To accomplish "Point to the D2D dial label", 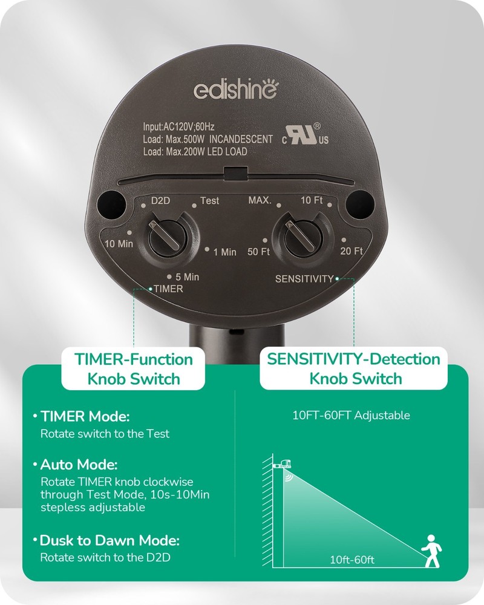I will pyautogui.click(x=160, y=200).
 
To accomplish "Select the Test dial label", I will pyautogui.click(x=209, y=200).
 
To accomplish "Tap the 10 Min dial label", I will pyautogui.click(x=119, y=244).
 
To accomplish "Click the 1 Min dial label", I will pyautogui.click(x=225, y=252).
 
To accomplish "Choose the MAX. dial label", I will pyautogui.click(x=260, y=200).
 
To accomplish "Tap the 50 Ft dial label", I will pyautogui.click(x=258, y=252).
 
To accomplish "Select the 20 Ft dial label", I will pyautogui.click(x=351, y=251).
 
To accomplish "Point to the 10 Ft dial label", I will pyautogui.click(x=312, y=200).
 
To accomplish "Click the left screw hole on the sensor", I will pyautogui.click(x=110, y=201).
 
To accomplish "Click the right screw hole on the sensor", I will pyautogui.click(x=359, y=201).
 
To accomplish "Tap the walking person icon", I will pyautogui.click(x=431, y=551).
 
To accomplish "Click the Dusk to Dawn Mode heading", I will pyautogui.click(x=110, y=540).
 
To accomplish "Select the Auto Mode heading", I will pyautogui.click(x=79, y=465).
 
